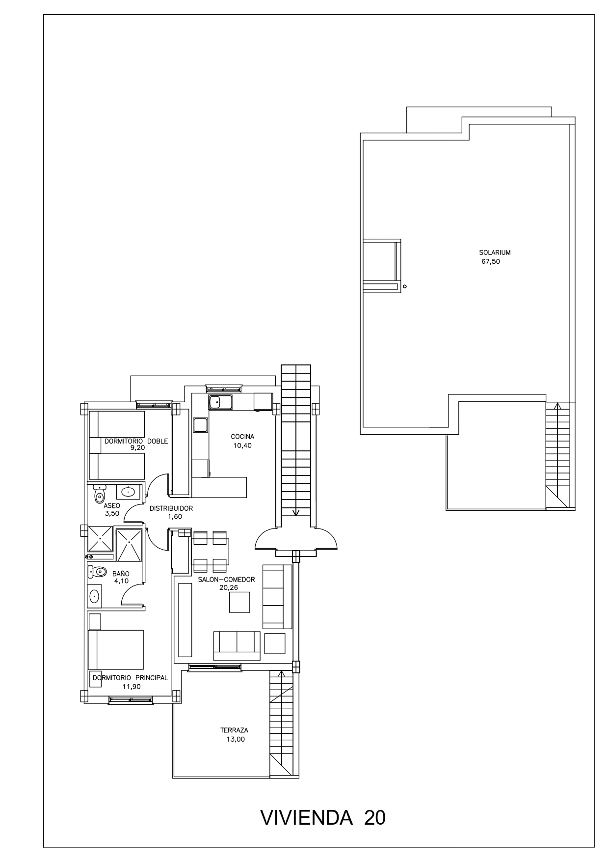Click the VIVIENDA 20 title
pos(323,818)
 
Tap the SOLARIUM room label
pos(495,252)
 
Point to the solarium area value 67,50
pos(491,262)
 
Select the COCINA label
pos(242,437)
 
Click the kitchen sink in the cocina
pos(220,402)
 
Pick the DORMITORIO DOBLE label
pos(136,441)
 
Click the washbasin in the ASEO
pos(129,491)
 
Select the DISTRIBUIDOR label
pos(171,508)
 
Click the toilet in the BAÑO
pos(98,571)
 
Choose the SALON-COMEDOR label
pos(226,580)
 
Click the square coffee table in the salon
pos(239,602)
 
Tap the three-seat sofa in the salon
pos(237,645)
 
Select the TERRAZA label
pos(234,730)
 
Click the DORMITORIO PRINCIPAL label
pos(131,678)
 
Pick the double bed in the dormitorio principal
pos(116,650)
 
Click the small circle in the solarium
pos(405,286)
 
